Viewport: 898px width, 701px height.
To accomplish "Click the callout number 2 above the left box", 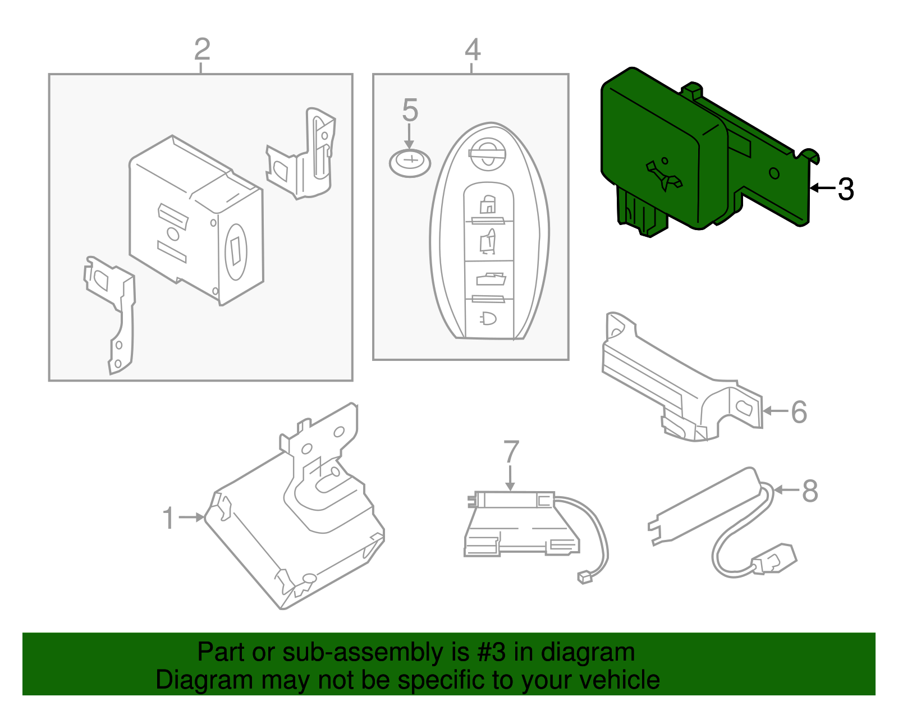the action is [x=202, y=49].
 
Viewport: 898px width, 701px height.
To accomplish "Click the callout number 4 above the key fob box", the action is [x=473, y=49].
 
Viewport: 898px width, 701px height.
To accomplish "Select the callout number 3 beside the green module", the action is [x=845, y=190].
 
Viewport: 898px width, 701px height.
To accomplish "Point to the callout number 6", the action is [x=799, y=412].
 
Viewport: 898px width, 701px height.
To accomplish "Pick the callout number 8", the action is [x=809, y=491].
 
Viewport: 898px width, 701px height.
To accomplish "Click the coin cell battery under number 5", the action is [x=410, y=163].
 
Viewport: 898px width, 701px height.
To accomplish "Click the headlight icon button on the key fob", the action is [x=488, y=319].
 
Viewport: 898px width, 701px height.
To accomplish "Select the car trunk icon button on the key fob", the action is [x=491, y=279].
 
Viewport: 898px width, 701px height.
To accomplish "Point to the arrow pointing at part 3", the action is [x=822, y=188].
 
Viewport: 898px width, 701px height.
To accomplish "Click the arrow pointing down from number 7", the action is [x=510, y=478].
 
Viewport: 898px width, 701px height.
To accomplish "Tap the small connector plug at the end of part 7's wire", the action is [x=585, y=577].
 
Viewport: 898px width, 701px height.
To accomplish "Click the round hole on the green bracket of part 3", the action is [x=774, y=173].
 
